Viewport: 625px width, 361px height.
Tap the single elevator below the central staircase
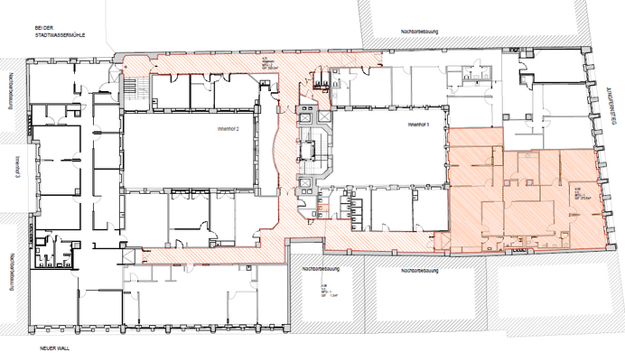[307, 184]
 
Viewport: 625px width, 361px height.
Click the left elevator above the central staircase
[305, 119]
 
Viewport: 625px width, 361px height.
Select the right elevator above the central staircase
[323, 119]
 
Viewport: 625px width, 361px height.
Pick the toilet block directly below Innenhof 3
[48, 249]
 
